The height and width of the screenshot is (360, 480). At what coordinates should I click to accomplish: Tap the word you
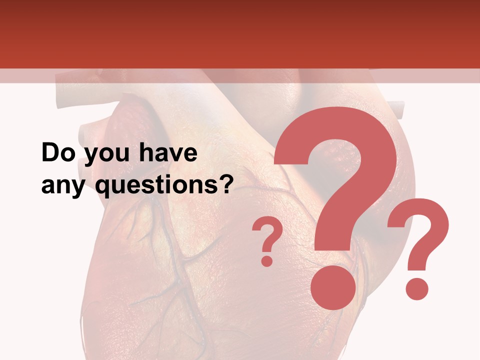(105, 155)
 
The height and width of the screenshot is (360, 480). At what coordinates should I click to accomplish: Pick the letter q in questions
(102, 188)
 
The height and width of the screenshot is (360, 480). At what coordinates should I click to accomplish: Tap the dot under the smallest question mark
(267, 260)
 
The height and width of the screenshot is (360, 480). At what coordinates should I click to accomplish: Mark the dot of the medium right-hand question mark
(416, 288)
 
